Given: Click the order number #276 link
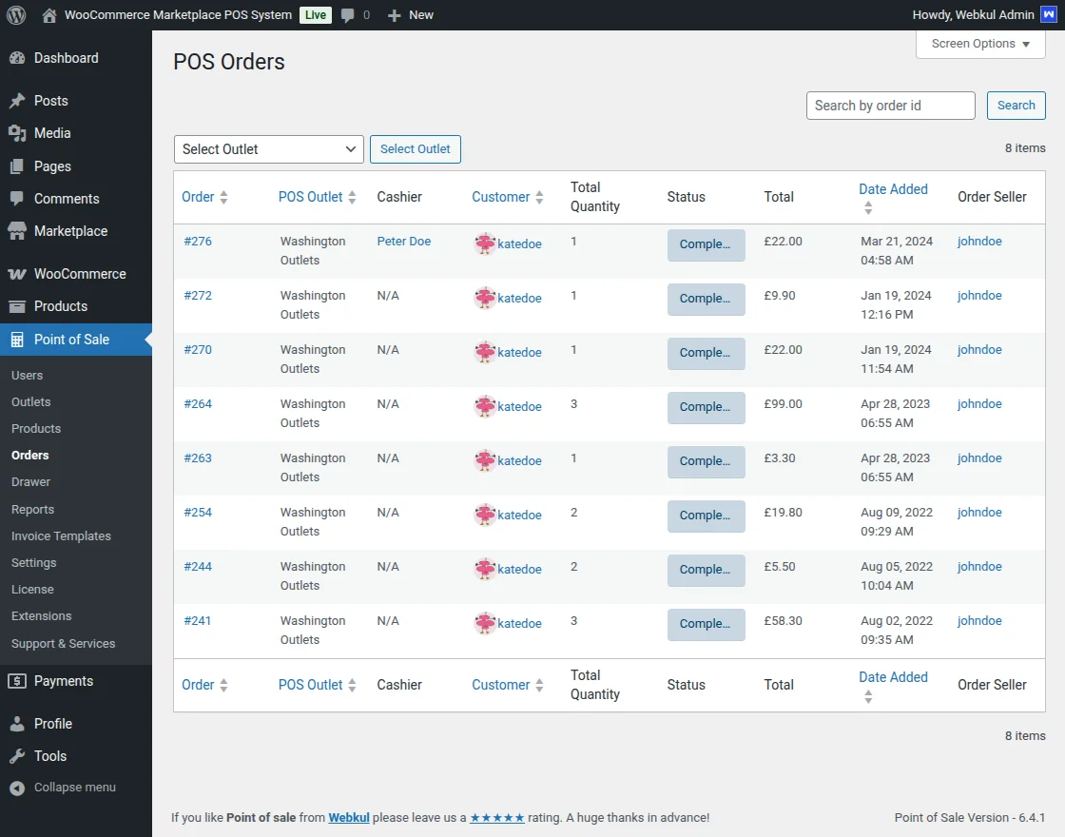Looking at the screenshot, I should [198, 242].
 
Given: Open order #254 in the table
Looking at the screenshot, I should [198, 513].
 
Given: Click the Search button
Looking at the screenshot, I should [1016, 106].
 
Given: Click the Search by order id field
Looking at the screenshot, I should [890, 106].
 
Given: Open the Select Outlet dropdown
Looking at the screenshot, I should [269, 149].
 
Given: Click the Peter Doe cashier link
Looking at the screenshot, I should [404, 242].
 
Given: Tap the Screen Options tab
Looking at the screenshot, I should [980, 44].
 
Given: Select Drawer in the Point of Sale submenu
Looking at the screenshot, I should [31, 482].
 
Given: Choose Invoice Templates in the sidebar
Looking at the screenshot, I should [61, 536].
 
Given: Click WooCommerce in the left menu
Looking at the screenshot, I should [80, 274].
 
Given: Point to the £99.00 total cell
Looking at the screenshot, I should [784, 404].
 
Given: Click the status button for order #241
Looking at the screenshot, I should [706, 624].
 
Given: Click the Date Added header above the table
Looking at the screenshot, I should [893, 189].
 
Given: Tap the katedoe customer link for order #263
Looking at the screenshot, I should [519, 461].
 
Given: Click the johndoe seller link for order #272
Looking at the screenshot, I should [979, 296].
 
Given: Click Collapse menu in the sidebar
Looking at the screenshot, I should [74, 788].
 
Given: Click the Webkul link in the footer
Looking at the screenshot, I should [349, 818].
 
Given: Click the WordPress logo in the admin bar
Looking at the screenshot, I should [16, 15].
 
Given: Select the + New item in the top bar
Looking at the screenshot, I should [411, 15].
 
